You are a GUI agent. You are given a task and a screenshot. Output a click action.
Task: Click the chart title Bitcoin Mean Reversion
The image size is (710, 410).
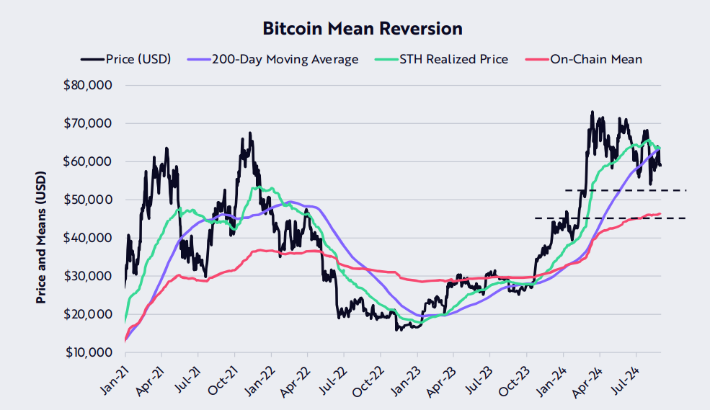point(362,29)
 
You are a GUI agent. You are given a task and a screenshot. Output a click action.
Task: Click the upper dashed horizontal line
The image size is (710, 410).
point(626,190)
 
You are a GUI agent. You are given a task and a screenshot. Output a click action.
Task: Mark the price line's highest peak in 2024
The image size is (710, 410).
point(592,112)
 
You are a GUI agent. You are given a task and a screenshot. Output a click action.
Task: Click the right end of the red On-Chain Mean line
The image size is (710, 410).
point(660,214)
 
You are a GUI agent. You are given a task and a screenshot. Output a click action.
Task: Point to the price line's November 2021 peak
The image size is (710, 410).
point(250,133)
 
